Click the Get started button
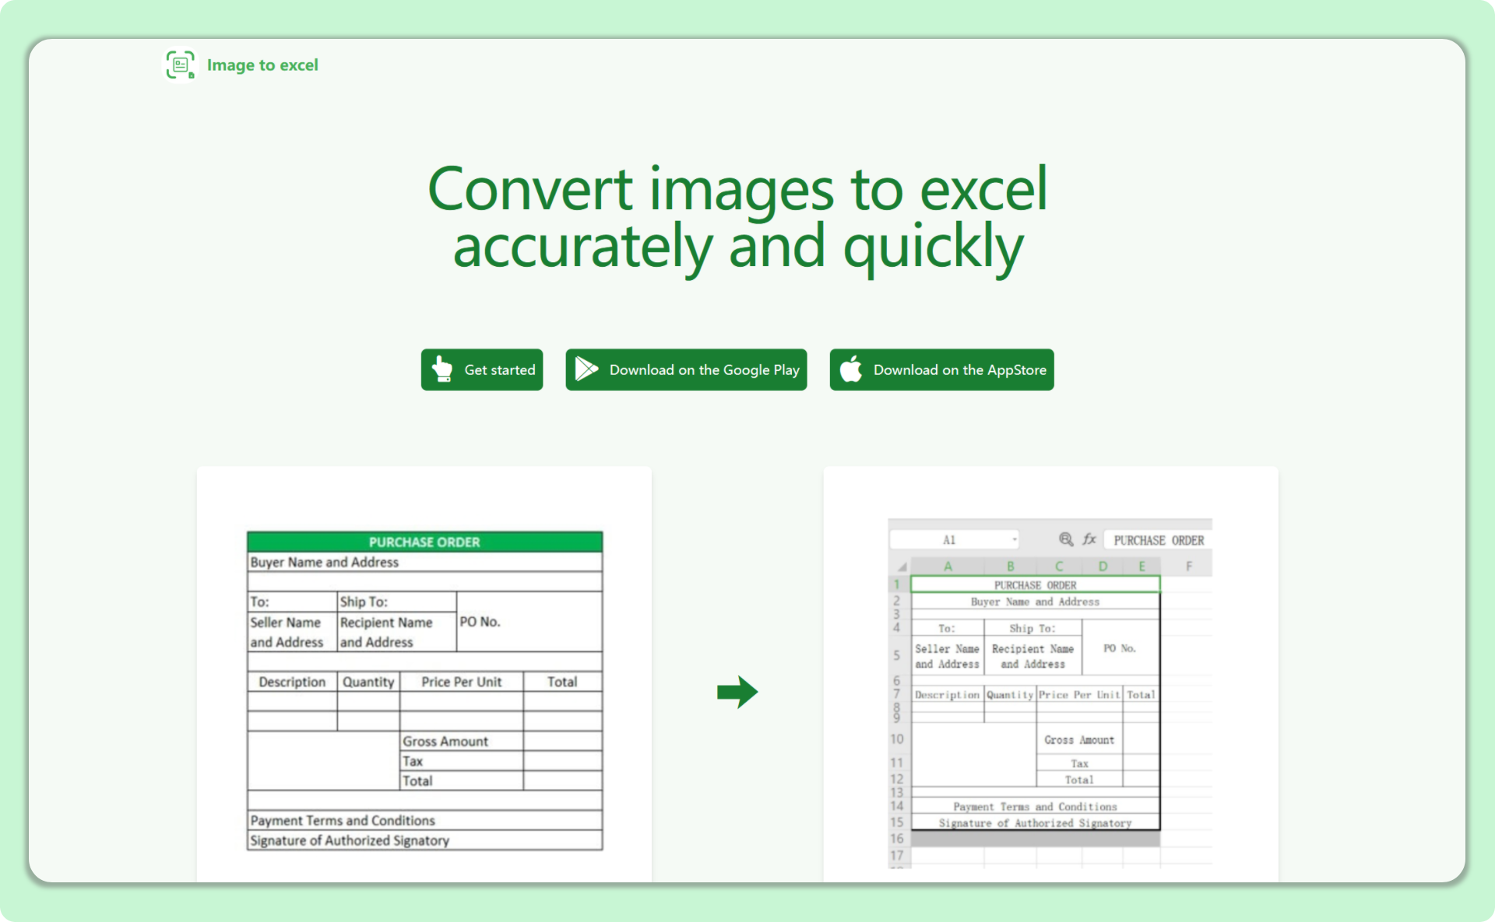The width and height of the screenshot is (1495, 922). pyautogui.click(x=482, y=370)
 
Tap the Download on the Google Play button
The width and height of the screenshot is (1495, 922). pyautogui.click(x=686, y=370)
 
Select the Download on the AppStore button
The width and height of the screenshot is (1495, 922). pyautogui.click(x=941, y=370)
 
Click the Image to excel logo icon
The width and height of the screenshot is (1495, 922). pyautogui.click(x=180, y=65)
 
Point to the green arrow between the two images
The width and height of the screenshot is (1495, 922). pyautogui.click(x=737, y=692)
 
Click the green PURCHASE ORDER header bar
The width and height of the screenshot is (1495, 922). pyautogui.click(x=424, y=542)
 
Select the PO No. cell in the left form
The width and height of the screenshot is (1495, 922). pyautogui.click(x=480, y=622)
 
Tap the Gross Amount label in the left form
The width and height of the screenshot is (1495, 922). pyautogui.click(x=445, y=741)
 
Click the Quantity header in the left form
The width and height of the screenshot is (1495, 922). pyautogui.click(x=368, y=682)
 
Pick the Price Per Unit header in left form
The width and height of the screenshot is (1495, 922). pyautogui.click(x=461, y=682)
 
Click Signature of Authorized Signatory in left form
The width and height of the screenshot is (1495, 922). pyautogui.click(x=350, y=840)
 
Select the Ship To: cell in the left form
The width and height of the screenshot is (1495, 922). pyautogui.click(x=364, y=601)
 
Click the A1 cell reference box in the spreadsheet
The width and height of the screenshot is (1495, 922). pyautogui.click(x=950, y=540)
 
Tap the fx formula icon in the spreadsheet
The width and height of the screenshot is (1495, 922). pyautogui.click(x=1089, y=539)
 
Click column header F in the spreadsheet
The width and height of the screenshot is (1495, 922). pyautogui.click(x=1188, y=566)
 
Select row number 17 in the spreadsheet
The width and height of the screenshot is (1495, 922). pyautogui.click(x=897, y=855)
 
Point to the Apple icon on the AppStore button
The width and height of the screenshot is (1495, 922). pyautogui.click(x=851, y=369)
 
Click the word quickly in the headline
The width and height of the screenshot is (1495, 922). pyautogui.click(x=933, y=246)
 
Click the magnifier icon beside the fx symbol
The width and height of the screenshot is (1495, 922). pyautogui.click(x=1066, y=539)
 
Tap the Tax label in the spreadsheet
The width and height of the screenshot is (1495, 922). pyautogui.click(x=1079, y=763)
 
